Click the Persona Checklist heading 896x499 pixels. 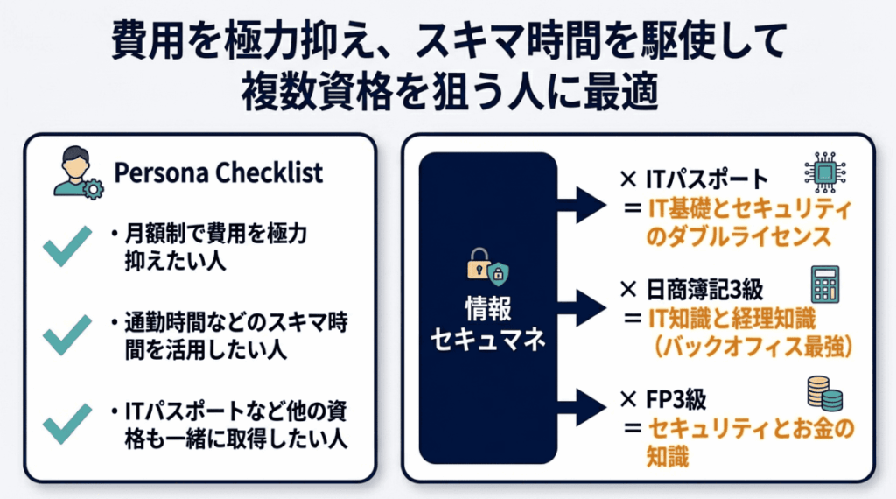[x=219, y=172]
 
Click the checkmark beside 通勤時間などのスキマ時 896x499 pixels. [x=67, y=335]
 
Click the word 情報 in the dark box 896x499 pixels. [x=487, y=307]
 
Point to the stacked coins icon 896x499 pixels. [x=822, y=393]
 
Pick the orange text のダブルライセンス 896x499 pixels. [x=738, y=238]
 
